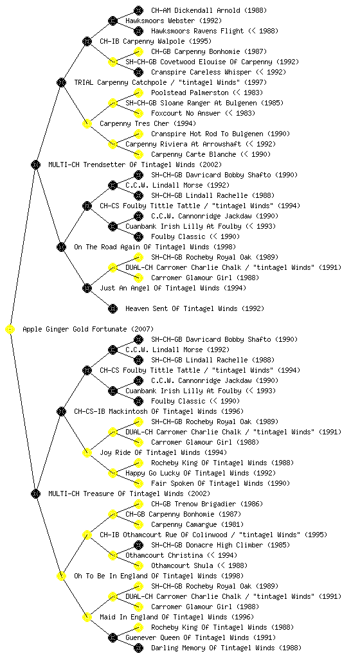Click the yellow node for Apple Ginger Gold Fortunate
pyautogui.click(x=10, y=329)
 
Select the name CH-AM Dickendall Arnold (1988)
pyautogui.click(x=209, y=10)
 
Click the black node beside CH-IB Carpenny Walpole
pyautogui.click(x=87, y=41)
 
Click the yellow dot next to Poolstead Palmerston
pyautogui.click(x=138, y=93)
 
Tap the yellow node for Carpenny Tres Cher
pyautogui.click(x=87, y=123)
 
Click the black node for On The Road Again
pyautogui.click(x=61, y=247)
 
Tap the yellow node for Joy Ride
pyautogui.click(x=87, y=452)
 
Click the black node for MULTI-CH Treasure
pyautogui.click(x=35, y=493)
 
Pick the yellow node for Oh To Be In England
pyautogui.click(x=61, y=576)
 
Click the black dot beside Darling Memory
pyautogui.click(x=138, y=648)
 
